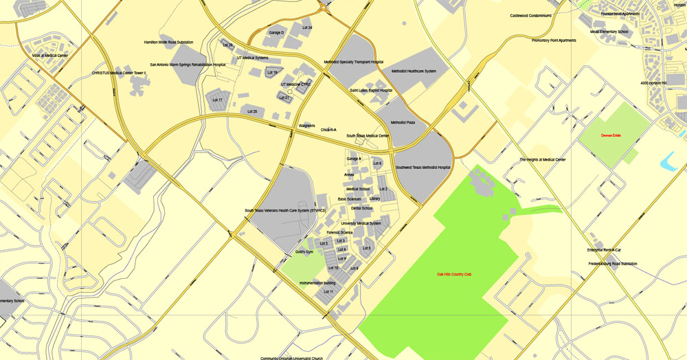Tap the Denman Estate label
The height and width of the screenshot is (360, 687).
point(611,135)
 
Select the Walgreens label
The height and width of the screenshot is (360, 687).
point(307,126)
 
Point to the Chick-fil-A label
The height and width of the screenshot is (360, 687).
point(328,129)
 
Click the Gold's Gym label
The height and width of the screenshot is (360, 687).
point(304,252)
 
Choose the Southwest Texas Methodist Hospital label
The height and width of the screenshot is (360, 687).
point(423,167)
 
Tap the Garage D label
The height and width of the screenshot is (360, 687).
point(276,32)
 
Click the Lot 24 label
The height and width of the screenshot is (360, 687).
point(306,27)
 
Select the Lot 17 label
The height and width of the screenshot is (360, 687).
point(217,100)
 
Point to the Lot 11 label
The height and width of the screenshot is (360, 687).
point(328,292)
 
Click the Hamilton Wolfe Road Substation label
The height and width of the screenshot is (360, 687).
point(168,42)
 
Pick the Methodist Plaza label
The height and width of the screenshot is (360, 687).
point(403,122)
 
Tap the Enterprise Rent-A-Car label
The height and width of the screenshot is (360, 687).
point(604,249)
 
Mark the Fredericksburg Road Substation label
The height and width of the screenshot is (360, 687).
point(613,264)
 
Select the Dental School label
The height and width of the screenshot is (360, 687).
point(361,208)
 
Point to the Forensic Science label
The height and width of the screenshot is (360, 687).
point(339,232)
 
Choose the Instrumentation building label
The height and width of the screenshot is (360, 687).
point(317,283)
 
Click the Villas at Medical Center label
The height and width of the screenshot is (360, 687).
point(50,56)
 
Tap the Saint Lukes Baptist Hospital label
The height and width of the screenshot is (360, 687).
point(371,90)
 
